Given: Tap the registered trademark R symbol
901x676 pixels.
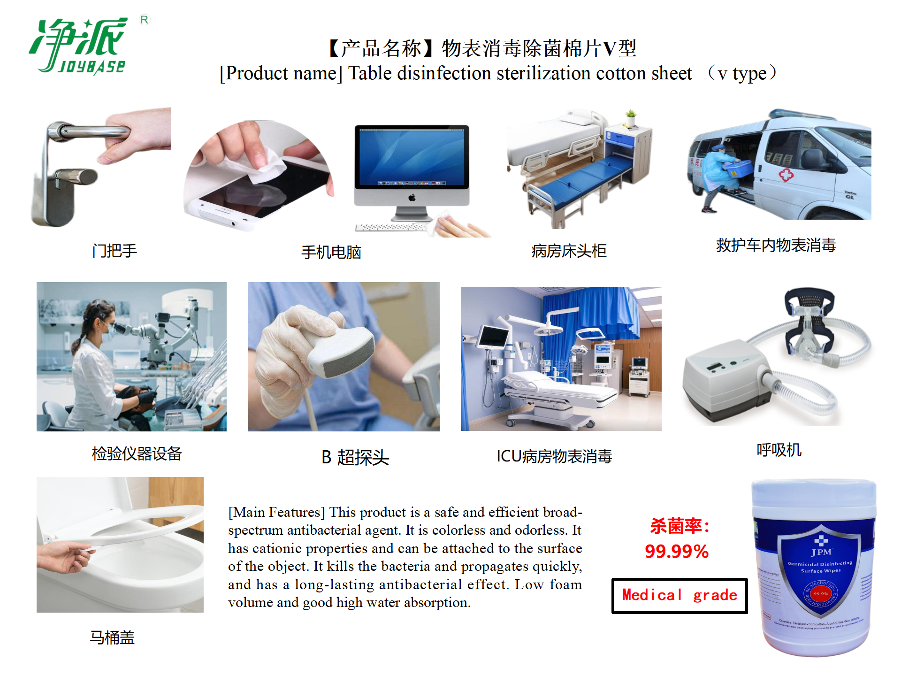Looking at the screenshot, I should [144, 20].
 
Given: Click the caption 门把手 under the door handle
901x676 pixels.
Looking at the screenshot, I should [114, 251].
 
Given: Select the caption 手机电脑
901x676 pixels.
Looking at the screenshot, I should [331, 252].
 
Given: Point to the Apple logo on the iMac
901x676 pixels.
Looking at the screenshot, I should [412, 198].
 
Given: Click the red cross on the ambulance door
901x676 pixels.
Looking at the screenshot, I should [786, 175].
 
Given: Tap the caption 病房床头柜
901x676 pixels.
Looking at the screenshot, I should [568, 251].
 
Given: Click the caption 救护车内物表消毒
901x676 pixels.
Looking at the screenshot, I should [775, 245].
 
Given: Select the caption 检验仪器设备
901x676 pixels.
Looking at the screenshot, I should [137, 453].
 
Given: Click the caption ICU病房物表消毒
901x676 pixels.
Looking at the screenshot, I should [554, 456].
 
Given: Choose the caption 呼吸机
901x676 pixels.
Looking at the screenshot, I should [779, 450].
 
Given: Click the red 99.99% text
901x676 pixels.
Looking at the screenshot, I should [676, 551].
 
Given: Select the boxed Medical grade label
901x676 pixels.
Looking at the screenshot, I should [679, 595].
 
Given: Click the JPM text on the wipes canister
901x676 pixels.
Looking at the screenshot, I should [820, 552].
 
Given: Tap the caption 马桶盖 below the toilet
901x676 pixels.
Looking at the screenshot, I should [112, 638].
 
